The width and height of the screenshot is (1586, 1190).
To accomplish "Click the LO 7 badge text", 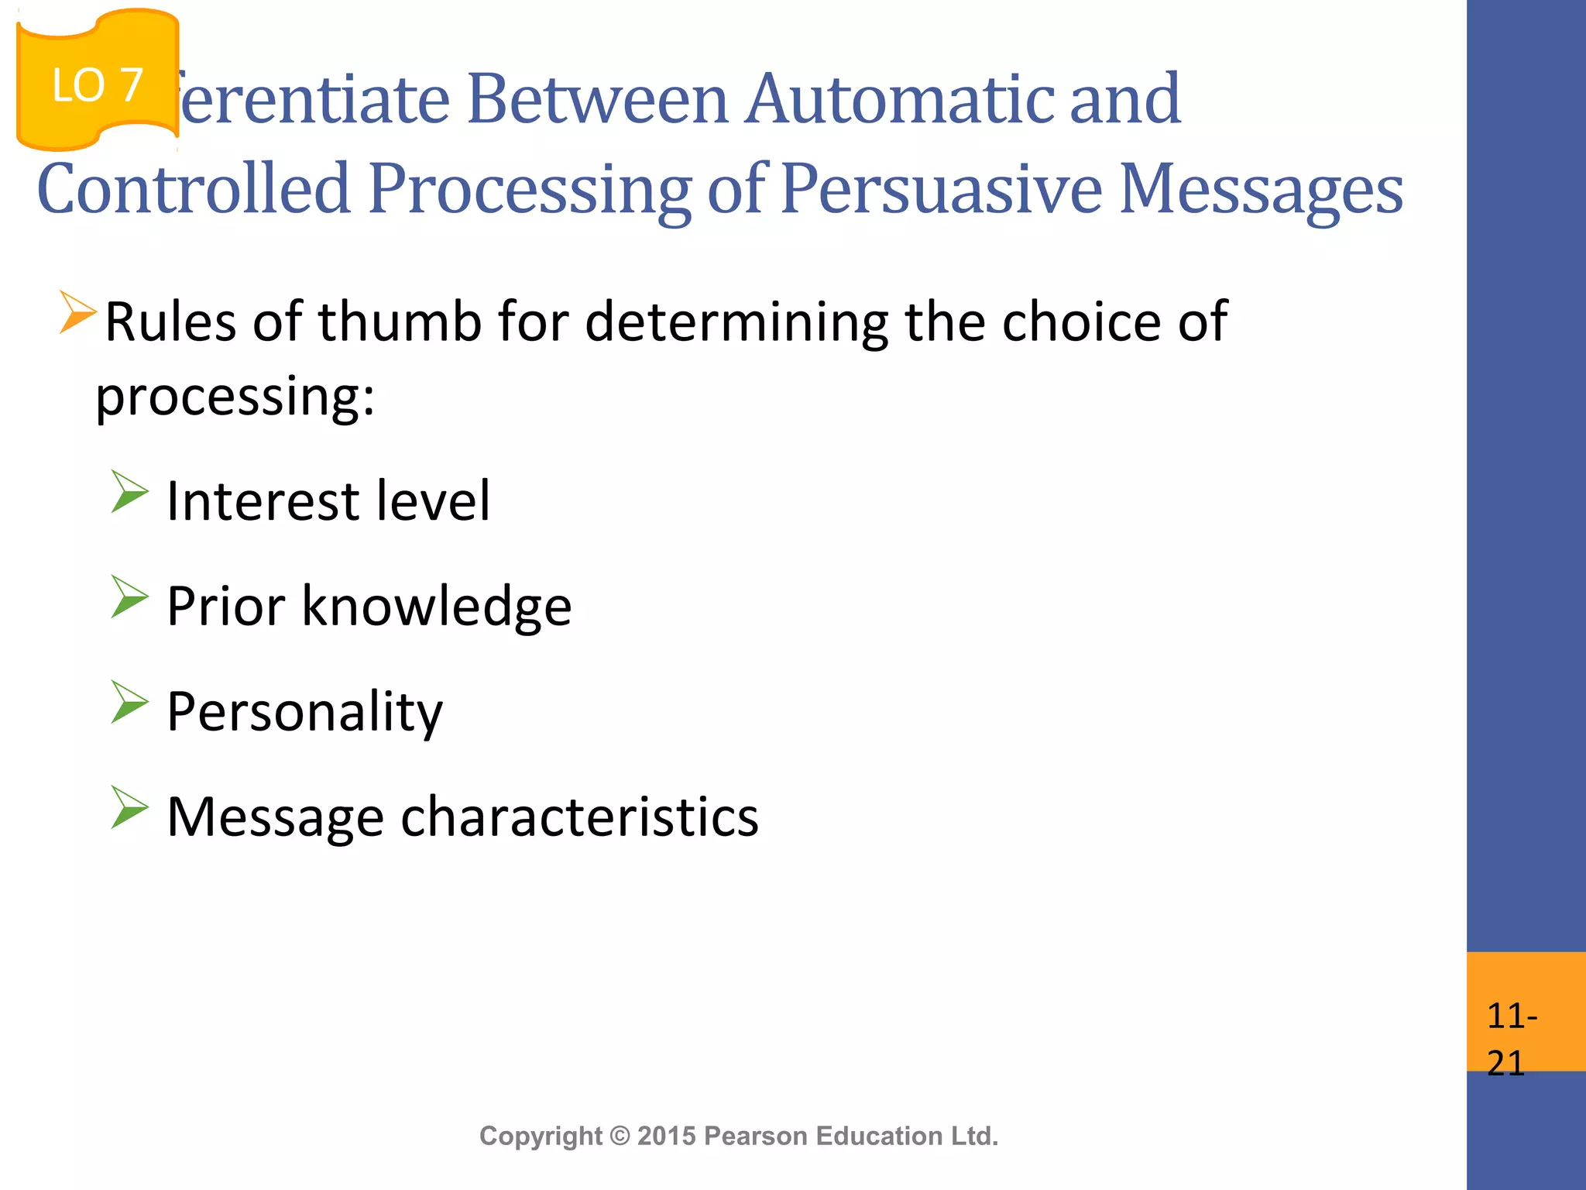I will [97, 85].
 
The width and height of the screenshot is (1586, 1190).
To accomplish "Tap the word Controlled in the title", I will [194, 189].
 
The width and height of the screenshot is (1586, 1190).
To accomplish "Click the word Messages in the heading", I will [1261, 191].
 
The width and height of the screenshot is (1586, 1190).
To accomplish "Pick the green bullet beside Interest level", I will [129, 491].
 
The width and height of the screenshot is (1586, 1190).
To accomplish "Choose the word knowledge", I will [436, 607].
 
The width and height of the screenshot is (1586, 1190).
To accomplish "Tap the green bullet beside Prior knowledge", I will [129, 597].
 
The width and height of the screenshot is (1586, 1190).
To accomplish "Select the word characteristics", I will [579, 817].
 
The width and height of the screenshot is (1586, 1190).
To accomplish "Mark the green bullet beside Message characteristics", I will [129, 807].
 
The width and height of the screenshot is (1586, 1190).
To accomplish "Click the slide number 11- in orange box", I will [1511, 1016].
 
